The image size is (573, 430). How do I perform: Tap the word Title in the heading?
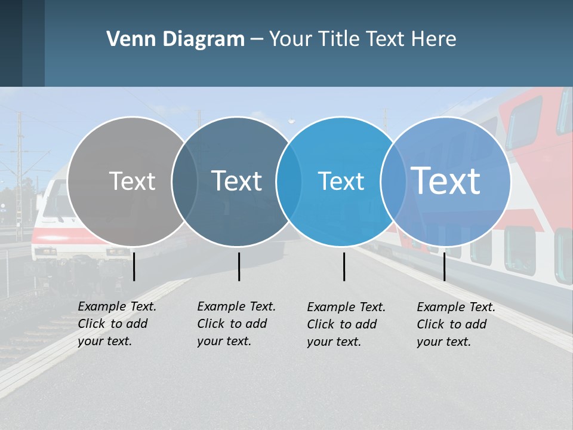(x=340, y=39)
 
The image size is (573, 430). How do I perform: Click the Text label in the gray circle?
(x=132, y=181)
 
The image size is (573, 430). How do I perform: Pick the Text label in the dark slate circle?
(x=236, y=181)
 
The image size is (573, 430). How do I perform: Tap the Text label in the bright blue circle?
(x=341, y=181)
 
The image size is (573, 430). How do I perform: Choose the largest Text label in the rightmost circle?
(x=445, y=180)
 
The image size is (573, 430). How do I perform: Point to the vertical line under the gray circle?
(x=134, y=266)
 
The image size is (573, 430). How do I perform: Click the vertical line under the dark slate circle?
(x=239, y=266)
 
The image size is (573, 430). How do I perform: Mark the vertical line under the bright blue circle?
(x=344, y=266)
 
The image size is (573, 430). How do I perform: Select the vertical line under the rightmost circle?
(x=444, y=266)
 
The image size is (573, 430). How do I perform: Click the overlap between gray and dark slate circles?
(x=184, y=181)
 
